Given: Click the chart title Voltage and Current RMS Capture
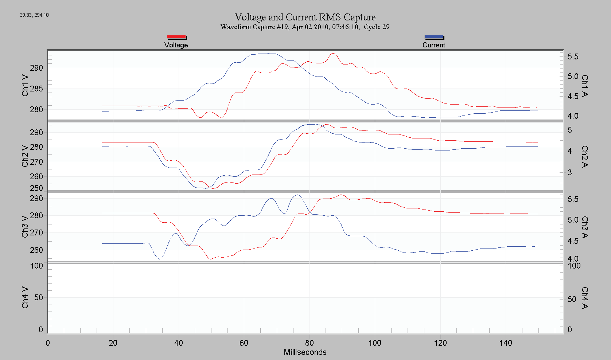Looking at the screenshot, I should [x=305, y=17].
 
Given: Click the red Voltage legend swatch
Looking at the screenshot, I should [x=177, y=37].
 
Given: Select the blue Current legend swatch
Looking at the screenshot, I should [x=434, y=37].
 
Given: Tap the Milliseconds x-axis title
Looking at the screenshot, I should [x=305, y=352].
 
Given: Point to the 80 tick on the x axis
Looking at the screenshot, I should [x=310, y=343].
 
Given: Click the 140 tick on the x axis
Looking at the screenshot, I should [x=506, y=343].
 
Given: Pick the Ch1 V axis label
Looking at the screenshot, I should [x=25, y=85].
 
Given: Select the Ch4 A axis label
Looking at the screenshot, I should [x=585, y=298].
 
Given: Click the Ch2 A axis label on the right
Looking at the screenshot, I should [x=585, y=156].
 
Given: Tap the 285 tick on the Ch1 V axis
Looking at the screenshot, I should [x=36, y=89].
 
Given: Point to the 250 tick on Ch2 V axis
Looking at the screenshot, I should [x=36, y=188].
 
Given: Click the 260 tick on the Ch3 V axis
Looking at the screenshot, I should [x=36, y=250].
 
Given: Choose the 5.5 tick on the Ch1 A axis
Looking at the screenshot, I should [x=573, y=56].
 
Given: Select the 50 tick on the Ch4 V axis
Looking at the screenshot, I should [x=39, y=297].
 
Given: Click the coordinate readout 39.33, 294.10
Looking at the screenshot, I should [x=34, y=15].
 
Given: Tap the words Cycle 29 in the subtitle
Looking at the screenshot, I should [x=377, y=27].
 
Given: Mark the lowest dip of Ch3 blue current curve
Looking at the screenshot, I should [x=159, y=259].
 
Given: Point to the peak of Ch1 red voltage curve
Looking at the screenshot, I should [x=333, y=54].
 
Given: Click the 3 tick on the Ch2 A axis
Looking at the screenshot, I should [x=570, y=172].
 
